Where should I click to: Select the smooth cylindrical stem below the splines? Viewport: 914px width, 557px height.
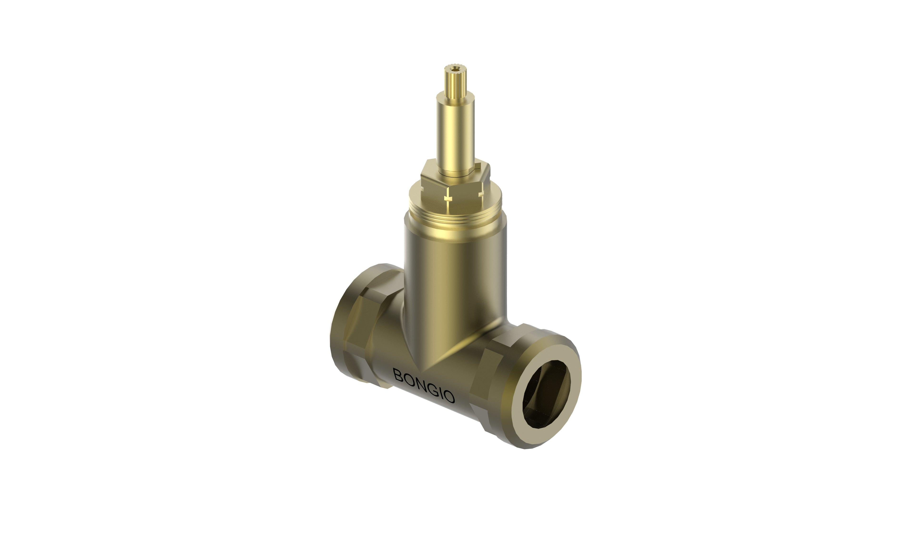456,134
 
